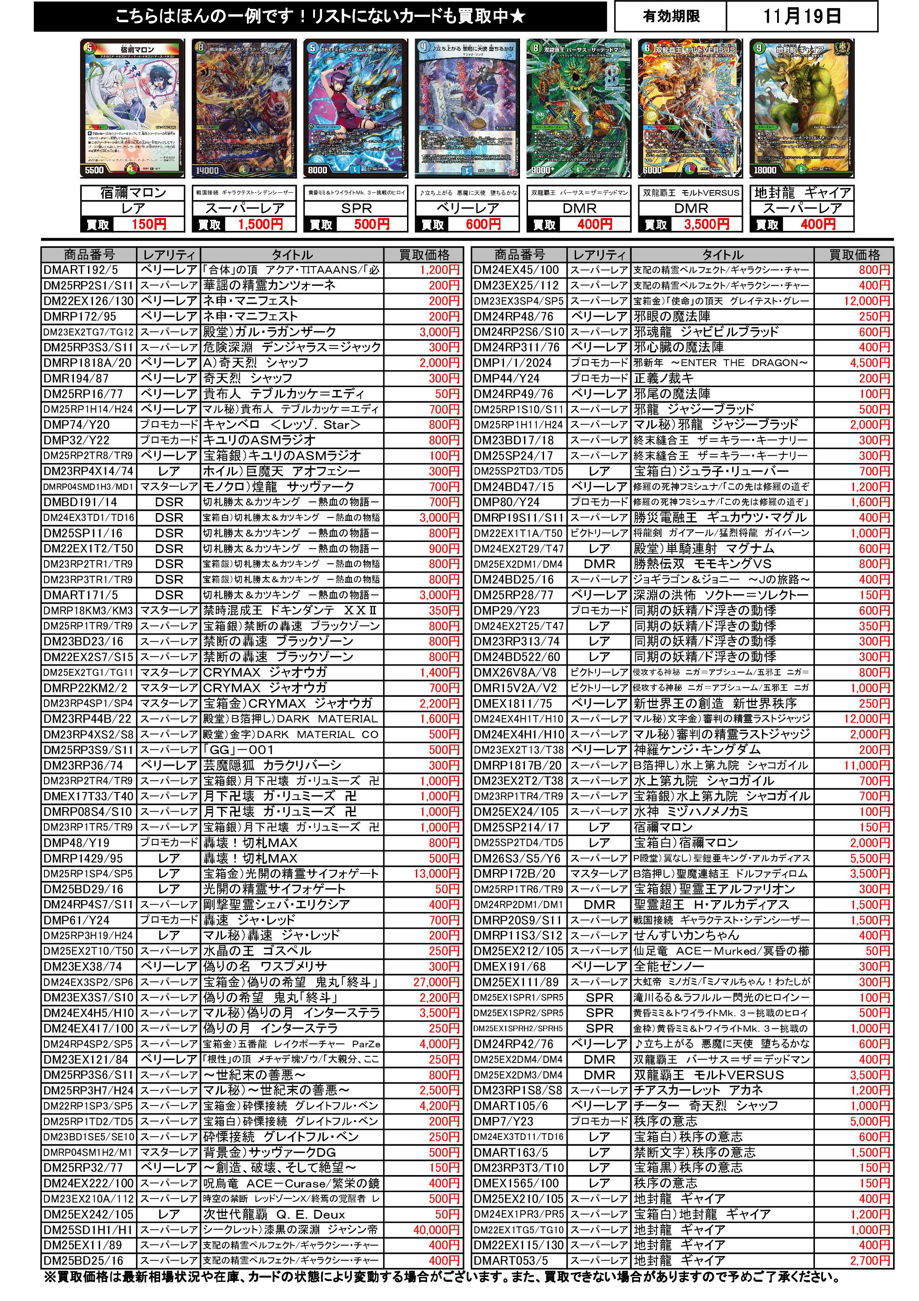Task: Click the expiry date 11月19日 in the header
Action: tap(801, 16)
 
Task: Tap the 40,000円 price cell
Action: tap(436, 1230)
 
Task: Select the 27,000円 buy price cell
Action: tap(436, 982)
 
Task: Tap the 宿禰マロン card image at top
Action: tap(134, 109)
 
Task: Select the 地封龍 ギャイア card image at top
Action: tap(801, 109)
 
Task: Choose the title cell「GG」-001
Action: tap(292, 750)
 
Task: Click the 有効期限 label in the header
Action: tap(671, 16)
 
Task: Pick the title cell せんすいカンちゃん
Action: tap(722, 936)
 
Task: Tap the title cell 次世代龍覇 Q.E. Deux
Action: tap(292, 1214)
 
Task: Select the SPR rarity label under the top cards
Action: tap(356, 209)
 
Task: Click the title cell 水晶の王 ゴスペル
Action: tap(292, 951)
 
